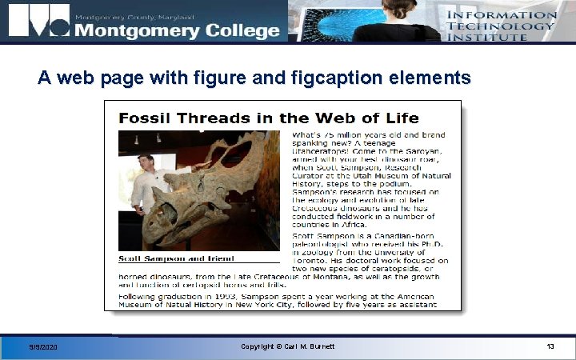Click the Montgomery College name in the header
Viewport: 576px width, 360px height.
[177, 30]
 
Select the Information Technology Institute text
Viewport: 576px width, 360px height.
[500, 26]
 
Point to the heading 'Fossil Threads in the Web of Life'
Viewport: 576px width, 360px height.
[268, 118]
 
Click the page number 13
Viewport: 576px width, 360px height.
[550, 346]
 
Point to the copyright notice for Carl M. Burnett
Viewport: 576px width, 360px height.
[287, 346]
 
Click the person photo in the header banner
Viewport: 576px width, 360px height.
[396, 20]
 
